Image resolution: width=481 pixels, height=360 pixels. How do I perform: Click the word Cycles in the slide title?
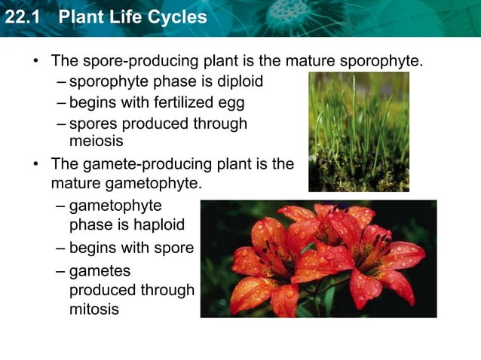click(177, 17)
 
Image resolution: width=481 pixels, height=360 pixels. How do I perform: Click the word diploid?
click(238, 81)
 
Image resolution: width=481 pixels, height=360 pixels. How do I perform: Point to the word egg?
click(231, 102)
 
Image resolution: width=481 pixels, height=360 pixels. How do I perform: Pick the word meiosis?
click(96, 142)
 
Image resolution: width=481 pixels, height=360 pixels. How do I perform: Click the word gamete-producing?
click(146, 163)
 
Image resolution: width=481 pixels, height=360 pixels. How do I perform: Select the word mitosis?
click(93, 309)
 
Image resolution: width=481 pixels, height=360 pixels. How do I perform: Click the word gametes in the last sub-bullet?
click(100, 270)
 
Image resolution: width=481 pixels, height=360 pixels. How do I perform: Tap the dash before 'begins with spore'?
click(60, 248)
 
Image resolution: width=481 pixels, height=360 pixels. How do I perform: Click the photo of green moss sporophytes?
click(358, 132)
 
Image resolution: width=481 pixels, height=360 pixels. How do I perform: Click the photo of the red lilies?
click(317, 258)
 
